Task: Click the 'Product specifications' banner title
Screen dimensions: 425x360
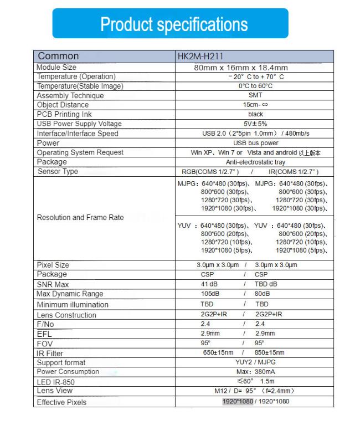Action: (174, 24)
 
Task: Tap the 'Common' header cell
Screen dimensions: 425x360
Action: (58, 56)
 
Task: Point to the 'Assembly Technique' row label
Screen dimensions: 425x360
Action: (70, 95)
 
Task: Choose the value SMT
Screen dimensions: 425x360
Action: (255, 95)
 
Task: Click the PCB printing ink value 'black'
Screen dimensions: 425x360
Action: (255, 114)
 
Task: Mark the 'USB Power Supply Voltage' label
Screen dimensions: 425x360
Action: (79, 124)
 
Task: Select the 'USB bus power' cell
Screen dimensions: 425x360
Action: (255, 143)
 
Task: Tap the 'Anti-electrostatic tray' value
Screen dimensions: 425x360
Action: (255, 162)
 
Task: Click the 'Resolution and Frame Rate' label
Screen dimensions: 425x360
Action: (80, 218)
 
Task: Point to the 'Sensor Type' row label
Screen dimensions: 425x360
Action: (58, 171)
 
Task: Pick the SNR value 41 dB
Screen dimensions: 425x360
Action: (209, 284)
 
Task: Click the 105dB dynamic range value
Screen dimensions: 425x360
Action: (209, 294)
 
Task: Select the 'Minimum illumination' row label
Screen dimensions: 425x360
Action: (72, 305)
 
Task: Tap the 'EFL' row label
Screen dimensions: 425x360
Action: (44, 334)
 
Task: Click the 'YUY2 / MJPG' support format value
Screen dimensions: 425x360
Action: (255, 362)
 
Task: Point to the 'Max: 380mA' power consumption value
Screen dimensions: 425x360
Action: (255, 372)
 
